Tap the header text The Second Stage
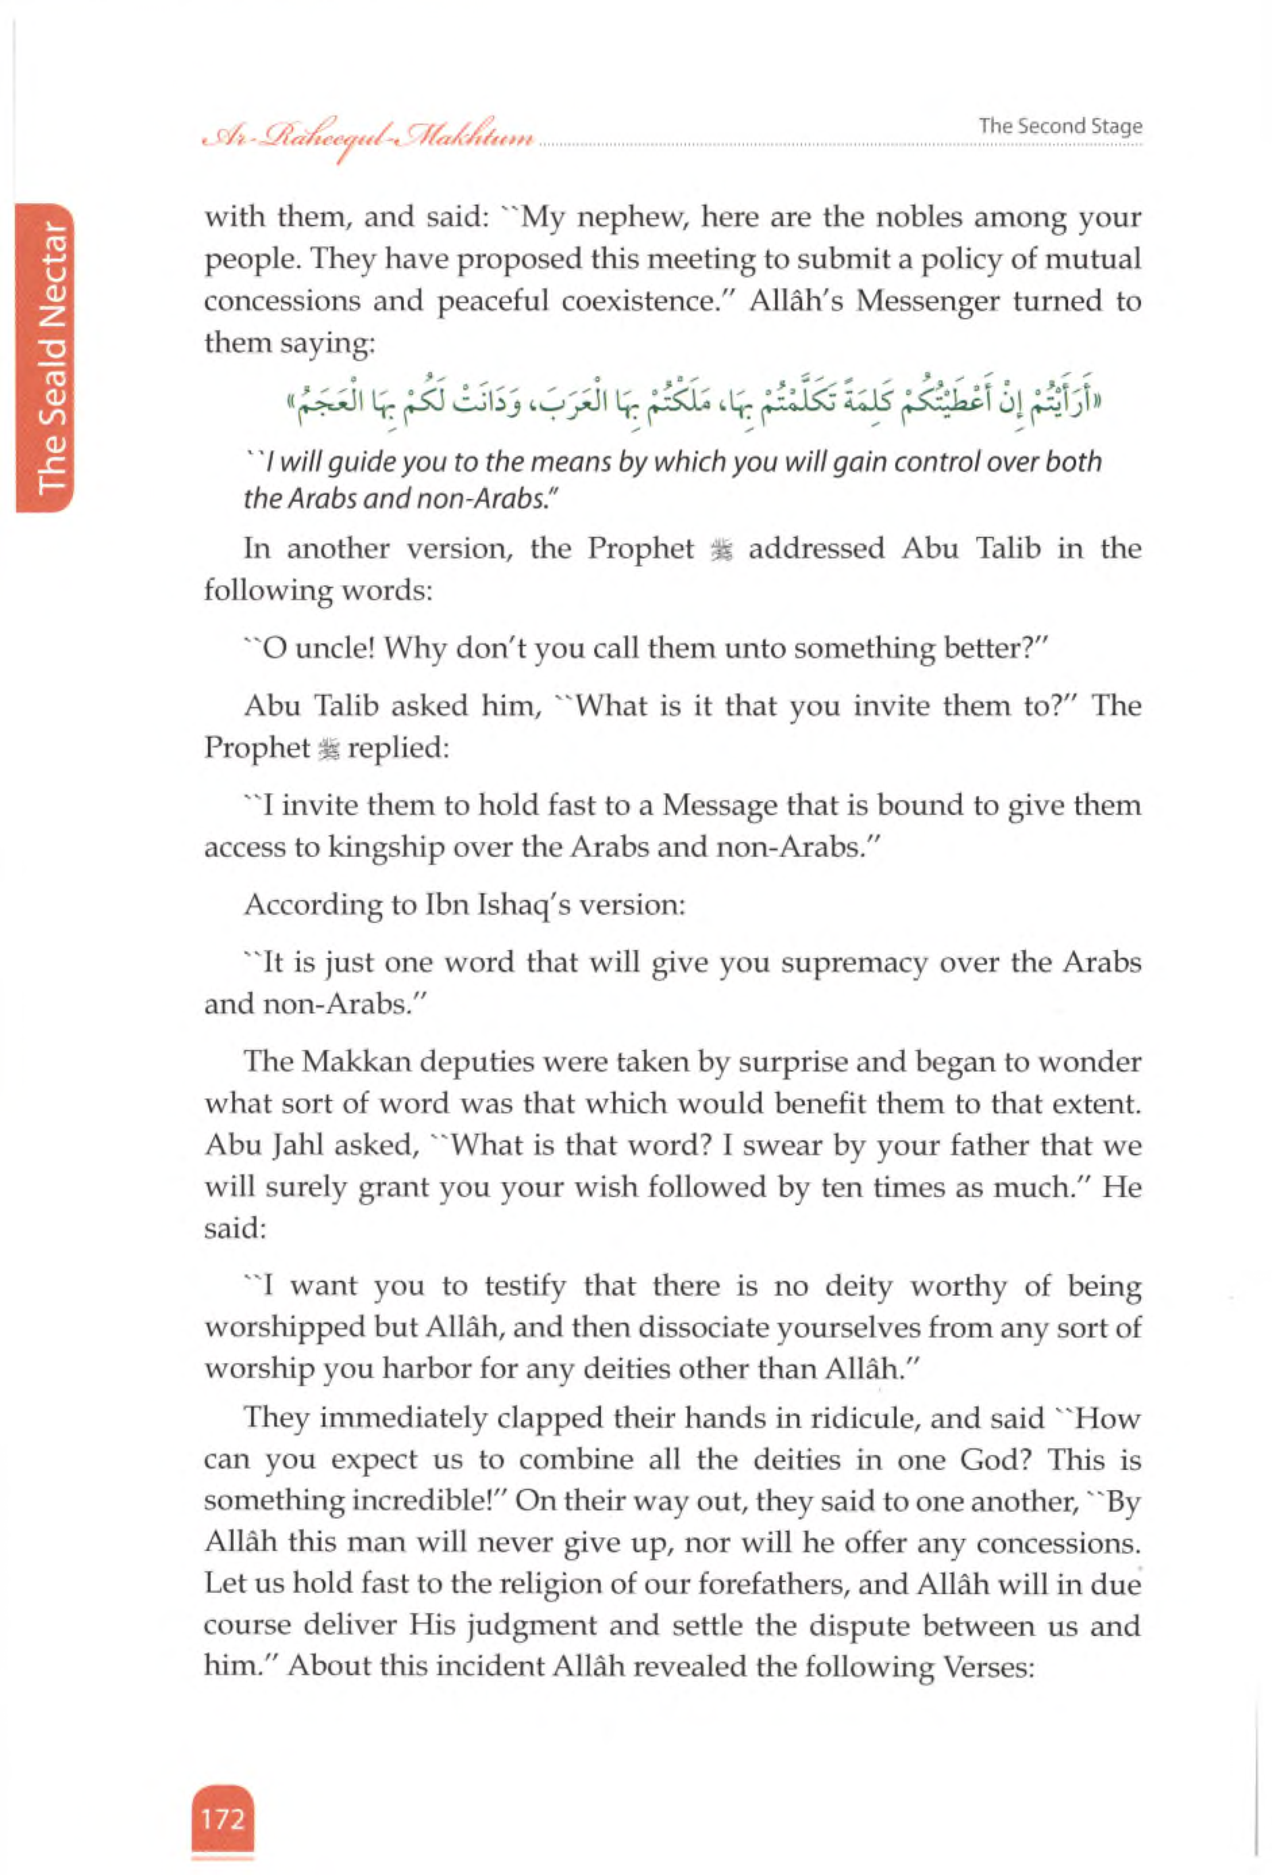click(1060, 127)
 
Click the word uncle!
click(332, 648)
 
